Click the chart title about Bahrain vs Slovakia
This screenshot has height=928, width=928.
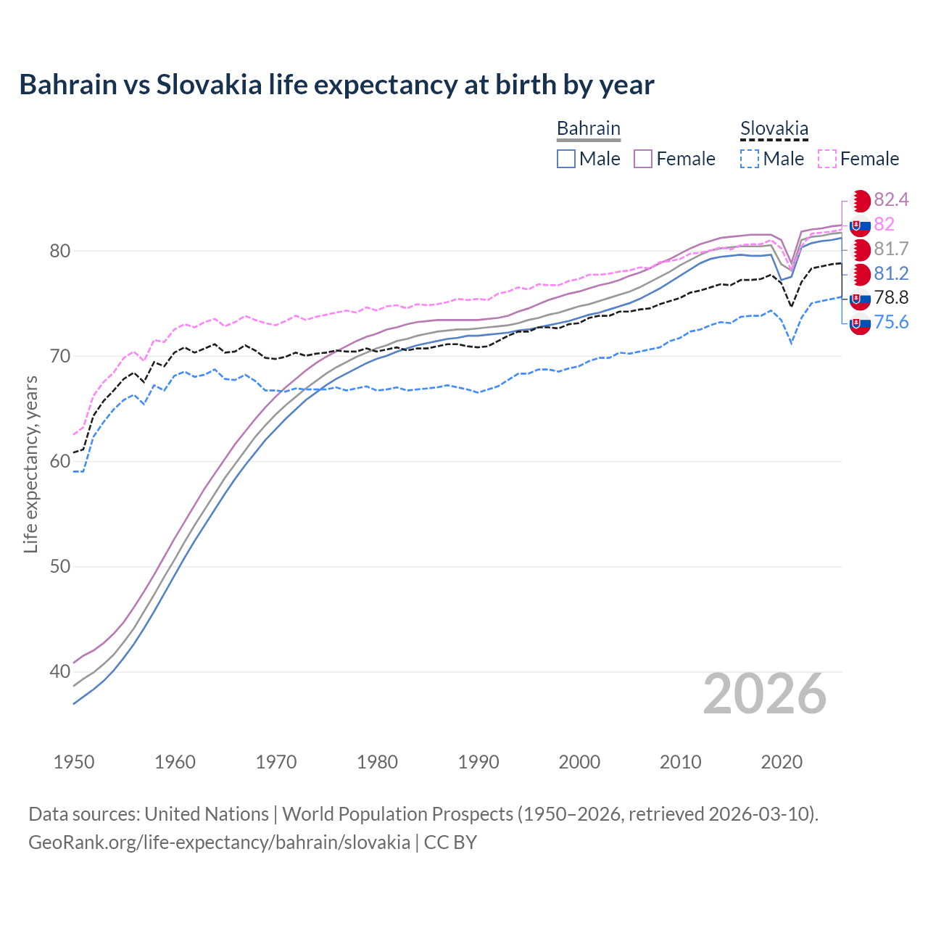pos(336,85)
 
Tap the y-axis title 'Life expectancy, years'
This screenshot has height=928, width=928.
pos(30,465)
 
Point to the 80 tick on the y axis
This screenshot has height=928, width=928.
pos(59,252)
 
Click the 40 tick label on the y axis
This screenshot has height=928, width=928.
pos(59,672)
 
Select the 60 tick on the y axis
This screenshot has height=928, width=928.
pos(59,462)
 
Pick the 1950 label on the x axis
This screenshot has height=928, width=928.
pos(74,762)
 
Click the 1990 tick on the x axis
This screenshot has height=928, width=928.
pos(478,762)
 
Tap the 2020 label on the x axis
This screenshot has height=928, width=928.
pos(782,762)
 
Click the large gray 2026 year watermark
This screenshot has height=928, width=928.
pos(765,694)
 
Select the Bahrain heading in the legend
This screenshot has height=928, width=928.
pos(588,128)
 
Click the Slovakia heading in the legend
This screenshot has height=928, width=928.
pos(774,128)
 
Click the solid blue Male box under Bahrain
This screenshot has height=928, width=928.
pos(566,159)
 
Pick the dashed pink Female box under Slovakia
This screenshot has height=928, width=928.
pos(827,159)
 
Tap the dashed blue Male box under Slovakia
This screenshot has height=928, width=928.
pos(750,159)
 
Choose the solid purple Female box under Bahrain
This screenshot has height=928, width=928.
pos(643,159)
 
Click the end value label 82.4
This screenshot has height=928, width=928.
pos(891,199)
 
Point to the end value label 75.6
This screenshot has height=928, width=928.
pos(891,322)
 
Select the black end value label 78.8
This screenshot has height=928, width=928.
pos(891,297)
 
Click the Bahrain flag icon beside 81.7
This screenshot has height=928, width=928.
pos(860,249)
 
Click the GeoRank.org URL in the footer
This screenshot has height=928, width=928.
pos(219,842)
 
